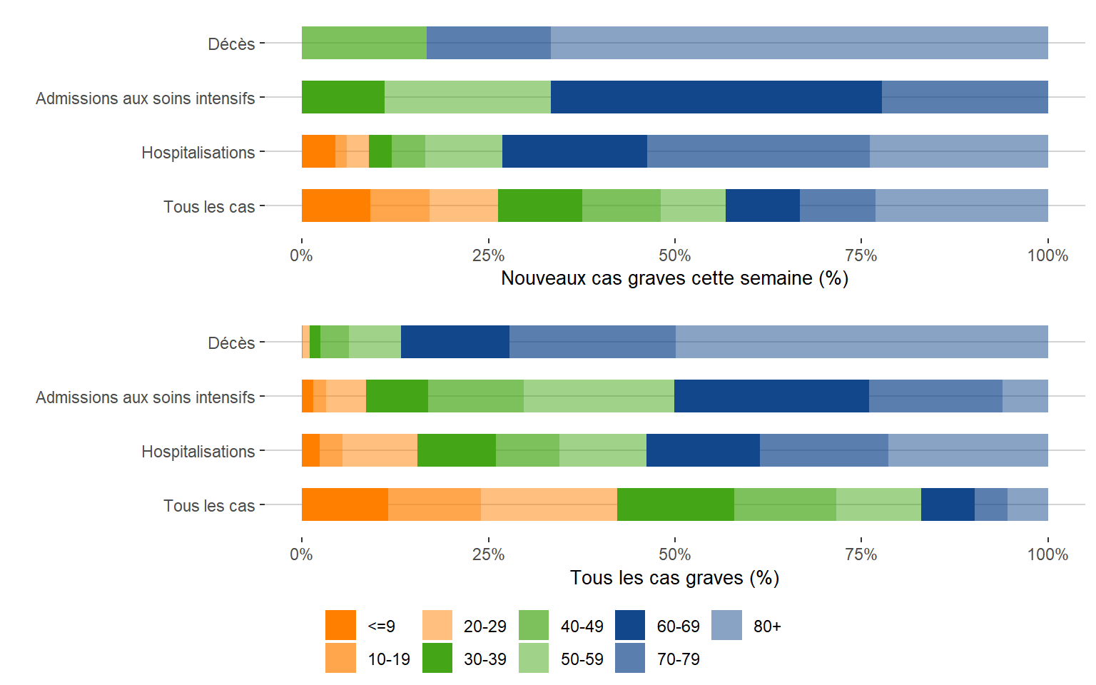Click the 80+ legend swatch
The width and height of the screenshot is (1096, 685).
[x=726, y=625]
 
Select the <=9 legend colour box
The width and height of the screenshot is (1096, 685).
[x=340, y=625]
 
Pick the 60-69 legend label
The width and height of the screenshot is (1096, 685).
[x=678, y=626]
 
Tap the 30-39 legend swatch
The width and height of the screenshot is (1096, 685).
[x=437, y=658]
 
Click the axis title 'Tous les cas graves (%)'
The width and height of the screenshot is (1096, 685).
[x=674, y=577]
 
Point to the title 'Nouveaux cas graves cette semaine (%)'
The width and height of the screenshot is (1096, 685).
[x=674, y=278]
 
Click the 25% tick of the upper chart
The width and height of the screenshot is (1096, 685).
[x=488, y=255]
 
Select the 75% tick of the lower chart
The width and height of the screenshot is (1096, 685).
[x=861, y=554]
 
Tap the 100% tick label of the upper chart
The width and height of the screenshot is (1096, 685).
[x=1047, y=255]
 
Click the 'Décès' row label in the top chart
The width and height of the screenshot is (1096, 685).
[x=231, y=44]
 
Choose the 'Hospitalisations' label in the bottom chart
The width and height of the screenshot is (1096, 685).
[x=198, y=452]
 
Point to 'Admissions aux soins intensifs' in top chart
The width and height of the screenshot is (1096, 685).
[x=146, y=98]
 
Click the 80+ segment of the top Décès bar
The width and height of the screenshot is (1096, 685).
[x=799, y=43]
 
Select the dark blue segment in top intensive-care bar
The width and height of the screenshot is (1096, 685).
[x=716, y=97]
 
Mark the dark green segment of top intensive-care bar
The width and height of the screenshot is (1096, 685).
[x=343, y=97]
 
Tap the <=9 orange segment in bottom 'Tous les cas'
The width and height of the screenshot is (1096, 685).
[x=345, y=504]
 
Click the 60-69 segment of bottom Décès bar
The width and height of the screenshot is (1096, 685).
[x=455, y=342]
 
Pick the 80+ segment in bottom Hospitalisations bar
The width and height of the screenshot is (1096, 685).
[x=968, y=450]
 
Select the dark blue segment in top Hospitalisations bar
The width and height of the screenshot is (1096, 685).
[x=574, y=151]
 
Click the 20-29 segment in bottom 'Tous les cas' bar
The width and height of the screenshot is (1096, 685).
[x=549, y=504]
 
